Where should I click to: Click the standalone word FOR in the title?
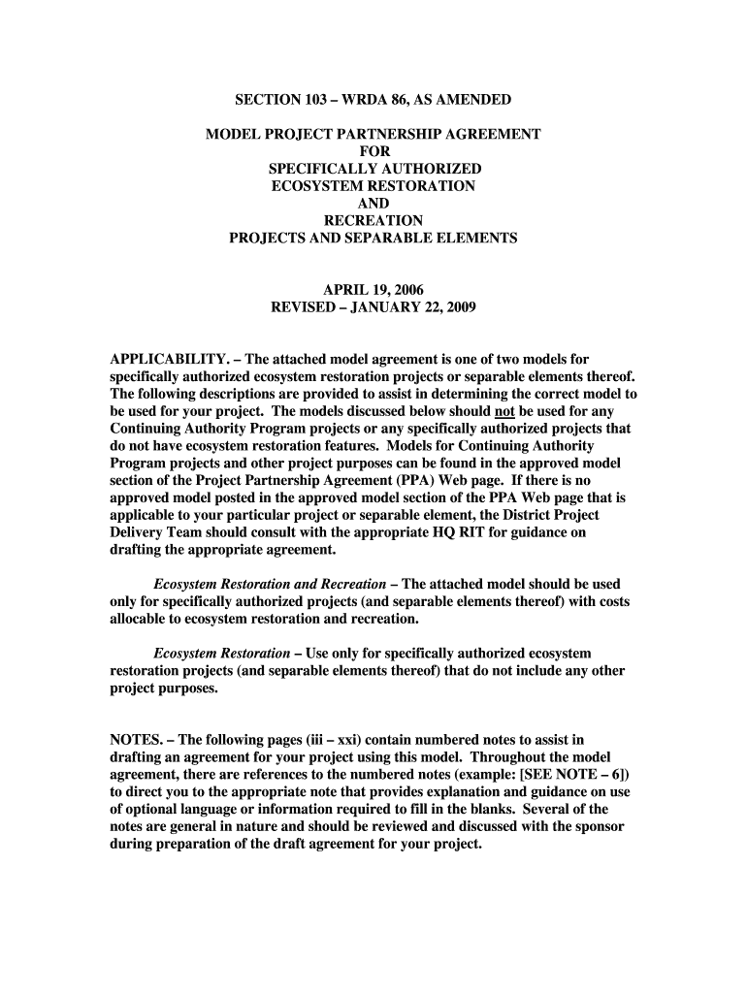click(x=373, y=151)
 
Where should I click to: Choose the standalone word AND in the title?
click(x=373, y=204)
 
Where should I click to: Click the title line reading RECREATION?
click(x=373, y=221)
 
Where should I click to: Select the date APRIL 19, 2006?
click(x=373, y=291)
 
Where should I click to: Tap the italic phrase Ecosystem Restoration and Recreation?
click(x=273, y=585)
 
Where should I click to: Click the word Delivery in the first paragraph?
click(x=141, y=532)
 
